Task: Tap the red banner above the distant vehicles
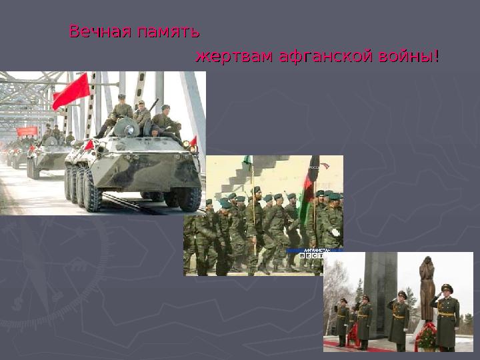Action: (27, 131)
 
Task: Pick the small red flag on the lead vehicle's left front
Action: (89, 145)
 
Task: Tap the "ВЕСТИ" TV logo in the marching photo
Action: (313, 255)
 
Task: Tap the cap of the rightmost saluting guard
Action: (446, 288)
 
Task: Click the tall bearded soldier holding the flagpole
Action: (255, 227)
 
